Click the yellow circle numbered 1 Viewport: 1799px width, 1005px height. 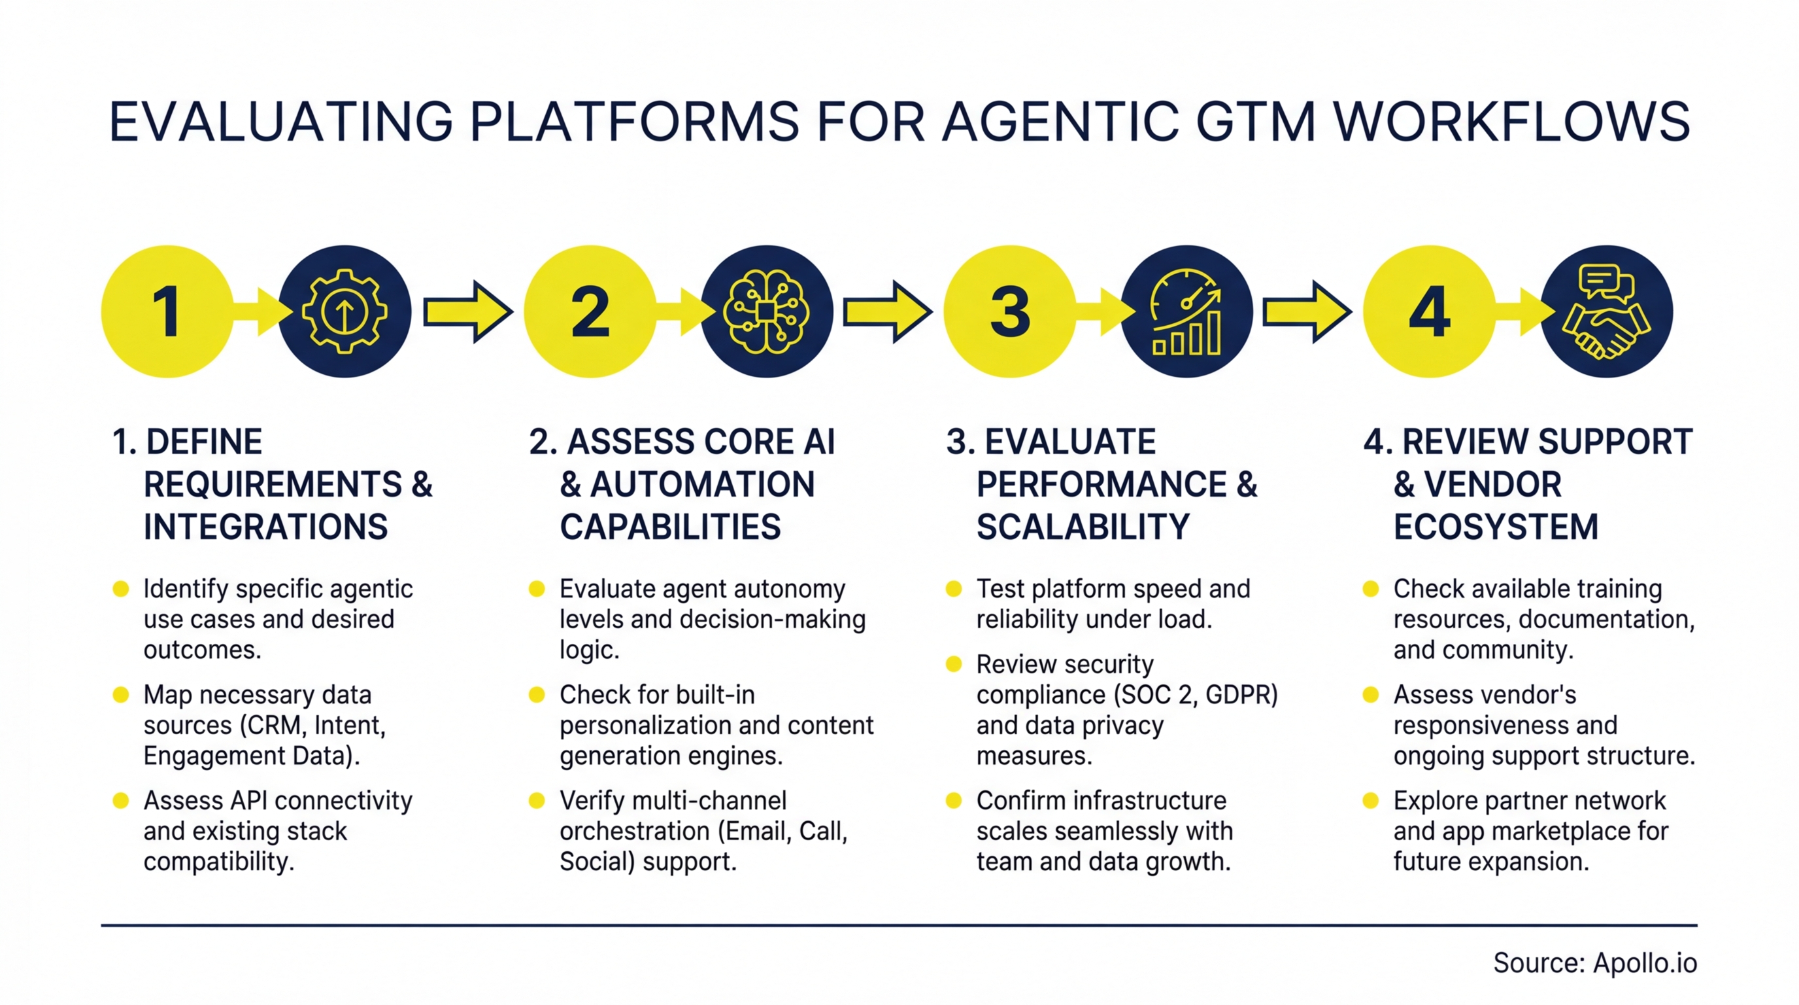pos(167,311)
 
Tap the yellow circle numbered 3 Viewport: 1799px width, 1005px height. pos(1009,311)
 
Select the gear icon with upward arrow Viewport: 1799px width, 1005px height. pos(345,311)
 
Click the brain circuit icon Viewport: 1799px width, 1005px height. pos(766,311)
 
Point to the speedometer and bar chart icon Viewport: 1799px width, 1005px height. pos(1186,311)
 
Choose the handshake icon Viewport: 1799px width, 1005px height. pos(1606,311)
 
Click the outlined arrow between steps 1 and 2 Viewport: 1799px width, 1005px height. pos(468,311)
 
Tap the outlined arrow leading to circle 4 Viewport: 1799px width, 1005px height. pos(1307,311)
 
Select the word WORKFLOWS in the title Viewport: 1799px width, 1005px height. pos(1511,122)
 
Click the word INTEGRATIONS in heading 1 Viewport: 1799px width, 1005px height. pos(265,527)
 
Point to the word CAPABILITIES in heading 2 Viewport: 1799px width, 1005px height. pos(670,527)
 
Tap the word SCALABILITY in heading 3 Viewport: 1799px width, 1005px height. pos(1083,527)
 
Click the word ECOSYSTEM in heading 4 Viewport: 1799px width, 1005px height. pos(1496,527)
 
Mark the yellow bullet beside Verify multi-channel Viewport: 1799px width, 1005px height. pos(536,800)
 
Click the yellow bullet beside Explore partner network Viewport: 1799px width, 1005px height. pos(1370,800)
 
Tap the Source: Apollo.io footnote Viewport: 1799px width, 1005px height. pos(1594,963)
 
